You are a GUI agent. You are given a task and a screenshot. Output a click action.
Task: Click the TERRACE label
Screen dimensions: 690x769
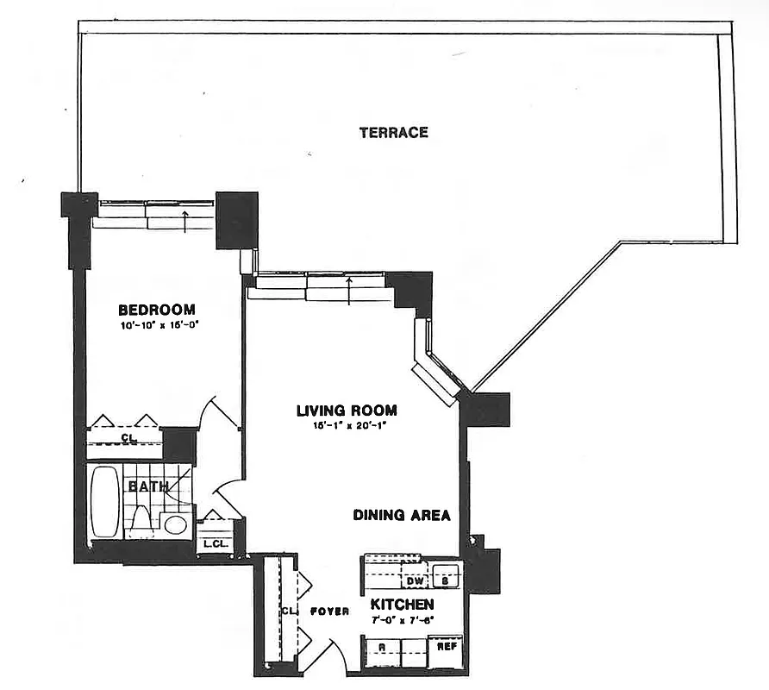point(393,133)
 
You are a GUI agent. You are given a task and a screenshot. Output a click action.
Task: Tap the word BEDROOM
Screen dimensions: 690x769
point(157,310)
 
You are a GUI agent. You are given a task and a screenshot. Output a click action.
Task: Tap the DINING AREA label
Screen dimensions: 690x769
point(402,516)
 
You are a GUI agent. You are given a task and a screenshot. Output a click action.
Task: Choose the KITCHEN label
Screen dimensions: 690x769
point(402,605)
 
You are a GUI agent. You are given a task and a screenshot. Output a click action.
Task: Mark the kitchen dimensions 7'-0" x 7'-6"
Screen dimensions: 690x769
point(402,619)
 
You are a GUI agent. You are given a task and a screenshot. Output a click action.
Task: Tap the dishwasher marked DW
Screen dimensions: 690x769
point(414,580)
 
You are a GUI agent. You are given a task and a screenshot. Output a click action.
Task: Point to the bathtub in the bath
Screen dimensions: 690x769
point(105,502)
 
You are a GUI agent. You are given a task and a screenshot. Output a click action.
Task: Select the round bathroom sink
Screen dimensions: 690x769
point(176,524)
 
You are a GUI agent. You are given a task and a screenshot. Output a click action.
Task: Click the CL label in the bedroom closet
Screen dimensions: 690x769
point(128,439)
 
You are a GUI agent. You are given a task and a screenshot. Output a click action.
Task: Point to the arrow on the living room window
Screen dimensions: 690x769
point(347,284)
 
